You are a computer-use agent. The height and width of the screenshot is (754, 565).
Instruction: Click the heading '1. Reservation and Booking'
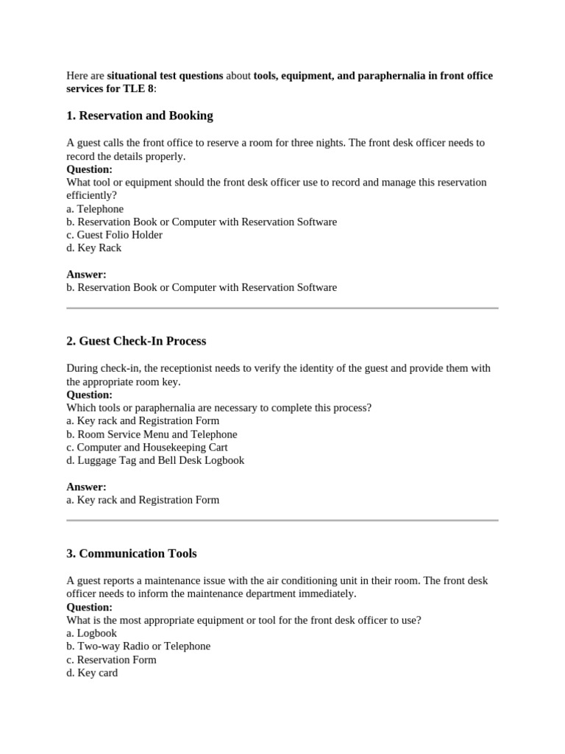pos(140,116)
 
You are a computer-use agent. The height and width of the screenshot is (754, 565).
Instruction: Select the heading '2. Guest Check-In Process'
pos(136,341)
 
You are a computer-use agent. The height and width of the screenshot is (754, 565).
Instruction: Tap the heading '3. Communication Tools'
pos(132,553)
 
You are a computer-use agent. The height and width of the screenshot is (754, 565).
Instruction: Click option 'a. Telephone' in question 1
pos(95,208)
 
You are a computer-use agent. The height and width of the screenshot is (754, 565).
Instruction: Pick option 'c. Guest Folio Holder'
pos(114,235)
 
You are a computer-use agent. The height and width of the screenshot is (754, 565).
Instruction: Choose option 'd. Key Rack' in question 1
pos(94,248)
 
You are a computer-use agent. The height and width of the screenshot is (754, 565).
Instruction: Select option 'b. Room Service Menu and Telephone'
pos(152,434)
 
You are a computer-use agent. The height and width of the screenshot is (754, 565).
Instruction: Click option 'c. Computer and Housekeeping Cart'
pos(147,447)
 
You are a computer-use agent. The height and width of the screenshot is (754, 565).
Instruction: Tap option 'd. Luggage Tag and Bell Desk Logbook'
pos(155,460)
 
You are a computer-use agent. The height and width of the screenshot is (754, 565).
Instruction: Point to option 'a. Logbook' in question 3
pos(92,633)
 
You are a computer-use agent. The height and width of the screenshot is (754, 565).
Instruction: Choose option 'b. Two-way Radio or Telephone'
pos(138,646)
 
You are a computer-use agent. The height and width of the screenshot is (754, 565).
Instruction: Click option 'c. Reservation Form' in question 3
pos(111,659)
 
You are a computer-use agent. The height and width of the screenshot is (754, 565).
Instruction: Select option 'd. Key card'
pos(92,672)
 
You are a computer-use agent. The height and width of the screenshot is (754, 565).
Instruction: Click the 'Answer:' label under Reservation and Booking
pos(86,274)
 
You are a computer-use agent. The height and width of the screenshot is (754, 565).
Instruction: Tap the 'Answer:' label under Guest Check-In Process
pos(86,487)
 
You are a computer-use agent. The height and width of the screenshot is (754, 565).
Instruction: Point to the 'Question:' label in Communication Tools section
pos(89,607)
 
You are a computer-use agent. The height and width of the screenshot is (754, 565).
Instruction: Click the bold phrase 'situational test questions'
pos(165,76)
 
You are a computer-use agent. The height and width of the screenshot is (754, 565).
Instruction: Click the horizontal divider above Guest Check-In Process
pos(282,308)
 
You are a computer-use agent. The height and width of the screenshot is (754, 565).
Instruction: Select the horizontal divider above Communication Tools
pos(282,520)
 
